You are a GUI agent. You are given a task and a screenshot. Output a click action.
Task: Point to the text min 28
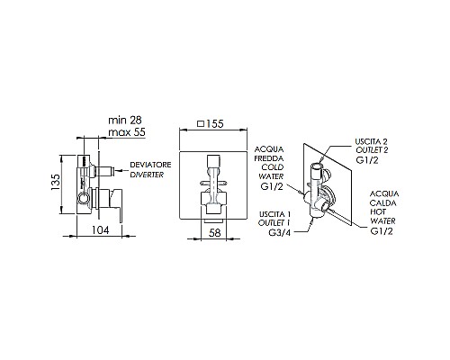pos(124,121)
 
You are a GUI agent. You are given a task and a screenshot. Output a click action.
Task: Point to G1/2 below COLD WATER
pos(273,185)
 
